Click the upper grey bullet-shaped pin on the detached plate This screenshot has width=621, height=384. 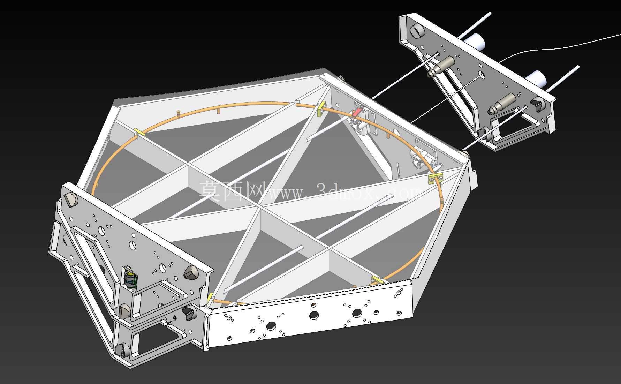441,66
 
